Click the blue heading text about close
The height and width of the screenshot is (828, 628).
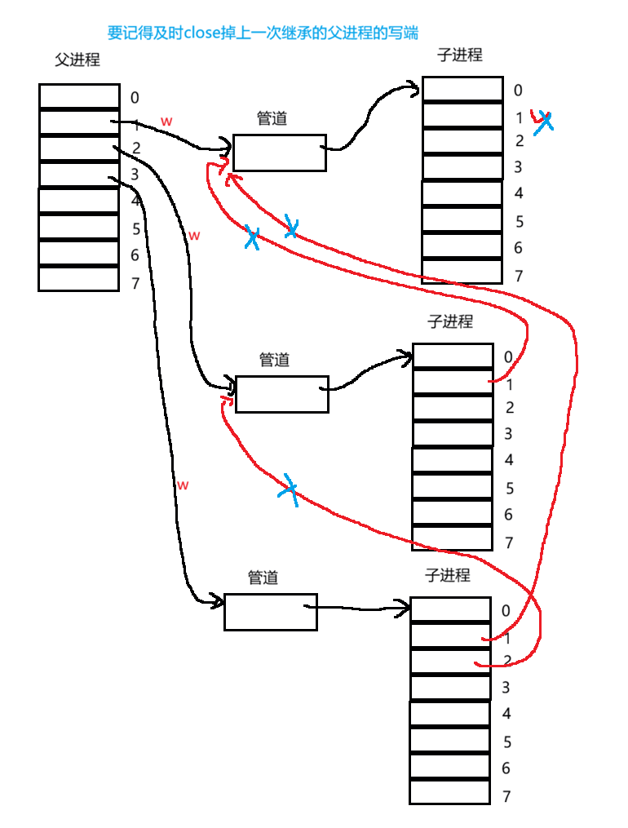tap(263, 33)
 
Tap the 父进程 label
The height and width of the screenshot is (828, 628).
tap(77, 60)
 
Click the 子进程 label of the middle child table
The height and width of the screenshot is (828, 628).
tap(450, 321)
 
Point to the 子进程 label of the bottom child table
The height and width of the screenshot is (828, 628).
tap(448, 575)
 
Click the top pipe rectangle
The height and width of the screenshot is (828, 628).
tap(279, 153)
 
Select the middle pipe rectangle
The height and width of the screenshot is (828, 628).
tap(281, 394)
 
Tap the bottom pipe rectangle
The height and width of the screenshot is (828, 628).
tap(270, 612)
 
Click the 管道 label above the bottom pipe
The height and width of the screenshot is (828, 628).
tap(263, 578)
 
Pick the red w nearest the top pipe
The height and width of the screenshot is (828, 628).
tap(166, 121)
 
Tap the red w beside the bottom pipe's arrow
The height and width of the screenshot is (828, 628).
tap(183, 485)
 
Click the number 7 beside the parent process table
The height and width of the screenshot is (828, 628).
tap(135, 283)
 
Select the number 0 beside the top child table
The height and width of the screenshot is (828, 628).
tap(518, 91)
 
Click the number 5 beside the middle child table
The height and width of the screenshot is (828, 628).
tap(509, 489)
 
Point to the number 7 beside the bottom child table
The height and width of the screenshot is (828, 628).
tap(506, 796)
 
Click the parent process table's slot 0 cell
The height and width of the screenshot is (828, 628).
tap(79, 96)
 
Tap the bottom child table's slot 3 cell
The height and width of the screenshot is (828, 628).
tap(449, 687)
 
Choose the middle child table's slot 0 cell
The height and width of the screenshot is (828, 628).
tap(453, 356)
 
